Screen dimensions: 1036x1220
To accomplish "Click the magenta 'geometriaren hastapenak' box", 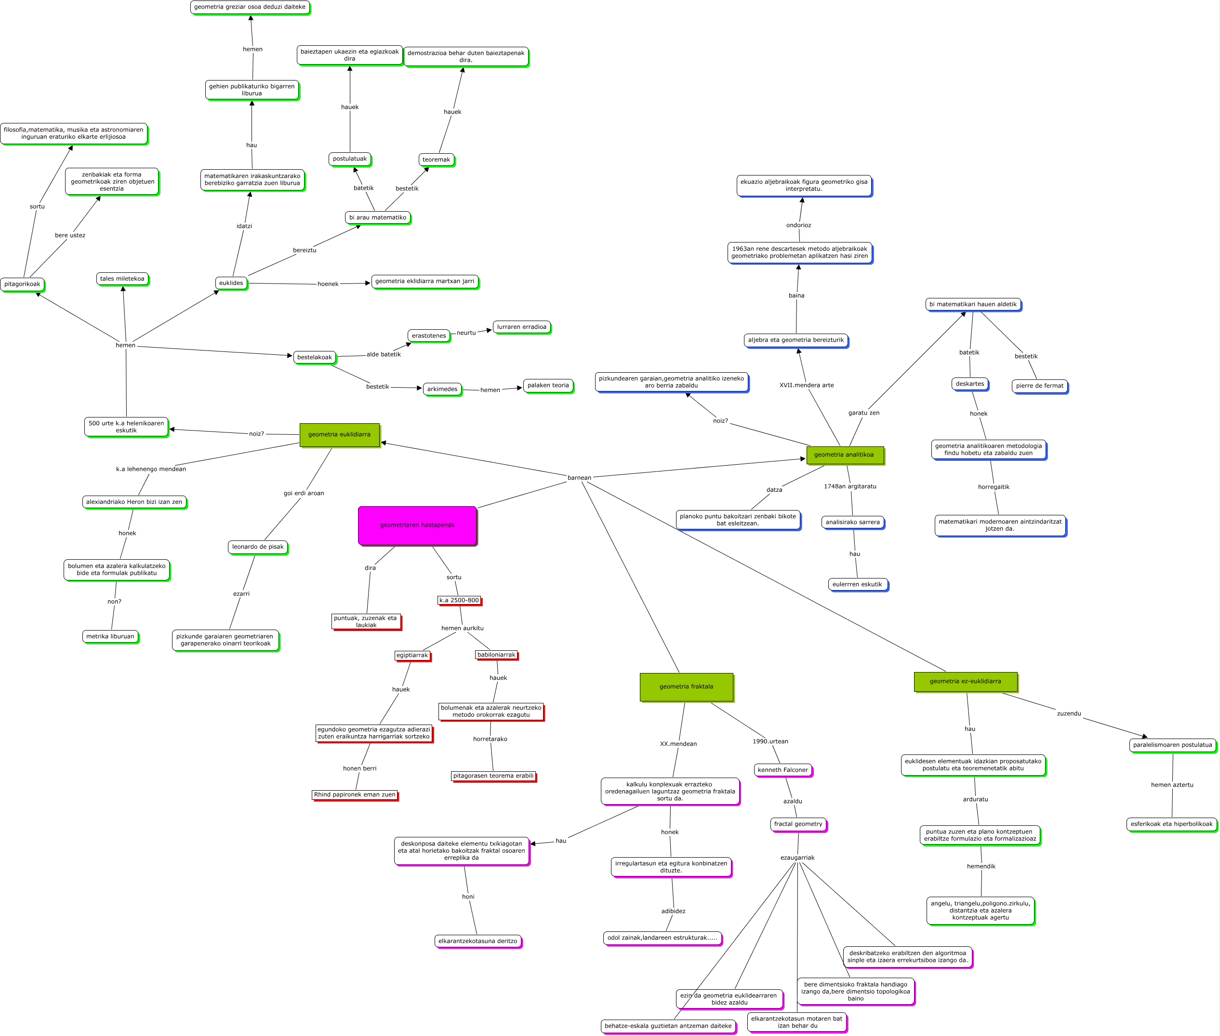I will (x=417, y=525).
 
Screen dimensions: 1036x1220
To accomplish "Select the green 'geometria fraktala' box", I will (x=686, y=686).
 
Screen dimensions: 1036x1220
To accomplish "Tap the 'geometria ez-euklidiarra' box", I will (x=965, y=681).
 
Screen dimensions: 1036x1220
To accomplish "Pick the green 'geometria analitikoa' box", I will (x=844, y=455).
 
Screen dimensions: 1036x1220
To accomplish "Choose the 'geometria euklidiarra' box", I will (x=339, y=435).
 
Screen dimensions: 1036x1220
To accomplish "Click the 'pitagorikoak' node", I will (x=22, y=284).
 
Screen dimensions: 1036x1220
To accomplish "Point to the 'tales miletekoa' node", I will (x=122, y=279).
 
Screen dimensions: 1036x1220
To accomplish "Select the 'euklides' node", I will (x=231, y=283).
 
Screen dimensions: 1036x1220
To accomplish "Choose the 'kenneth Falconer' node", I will (x=782, y=770).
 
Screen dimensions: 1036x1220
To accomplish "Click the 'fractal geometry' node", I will (x=798, y=824).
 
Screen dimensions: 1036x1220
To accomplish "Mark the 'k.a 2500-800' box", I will (x=459, y=600).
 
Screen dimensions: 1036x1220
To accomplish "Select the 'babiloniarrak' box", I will (x=496, y=655).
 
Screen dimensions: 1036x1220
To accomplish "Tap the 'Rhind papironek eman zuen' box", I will (x=355, y=794).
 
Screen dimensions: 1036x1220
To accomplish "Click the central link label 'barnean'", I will (x=579, y=478).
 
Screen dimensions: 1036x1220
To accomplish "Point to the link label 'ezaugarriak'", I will (x=797, y=858).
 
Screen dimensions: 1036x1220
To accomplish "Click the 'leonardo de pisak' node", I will (x=257, y=547).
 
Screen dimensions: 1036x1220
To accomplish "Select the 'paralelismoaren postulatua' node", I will (x=1172, y=745).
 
